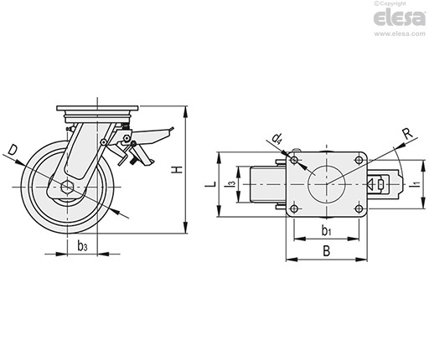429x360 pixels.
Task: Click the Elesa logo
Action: (x=400, y=18)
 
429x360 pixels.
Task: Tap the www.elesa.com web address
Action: (x=400, y=33)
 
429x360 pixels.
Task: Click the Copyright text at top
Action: (x=390, y=3)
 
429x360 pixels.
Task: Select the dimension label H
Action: (x=177, y=169)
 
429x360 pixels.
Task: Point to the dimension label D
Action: (x=12, y=150)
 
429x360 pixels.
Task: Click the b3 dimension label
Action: (x=82, y=246)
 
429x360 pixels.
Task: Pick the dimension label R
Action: (x=408, y=134)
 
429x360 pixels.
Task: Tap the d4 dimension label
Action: (x=277, y=138)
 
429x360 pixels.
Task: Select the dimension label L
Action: (x=212, y=184)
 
